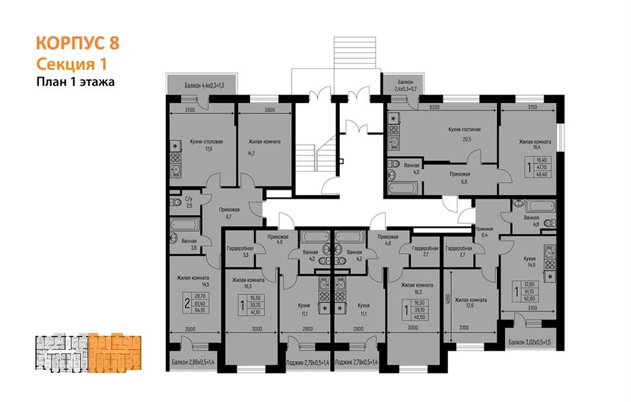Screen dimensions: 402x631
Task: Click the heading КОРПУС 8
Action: click(x=77, y=44)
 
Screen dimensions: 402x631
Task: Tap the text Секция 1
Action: click(x=71, y=64)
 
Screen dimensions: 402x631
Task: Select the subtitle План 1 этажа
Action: click(x=76, y=82)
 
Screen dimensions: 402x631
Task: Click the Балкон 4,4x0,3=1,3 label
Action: click(x=205, y=86)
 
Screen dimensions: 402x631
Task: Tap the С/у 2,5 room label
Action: click(x=190, y=202)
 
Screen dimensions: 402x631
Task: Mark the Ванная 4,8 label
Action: click(x=532, y=221)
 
